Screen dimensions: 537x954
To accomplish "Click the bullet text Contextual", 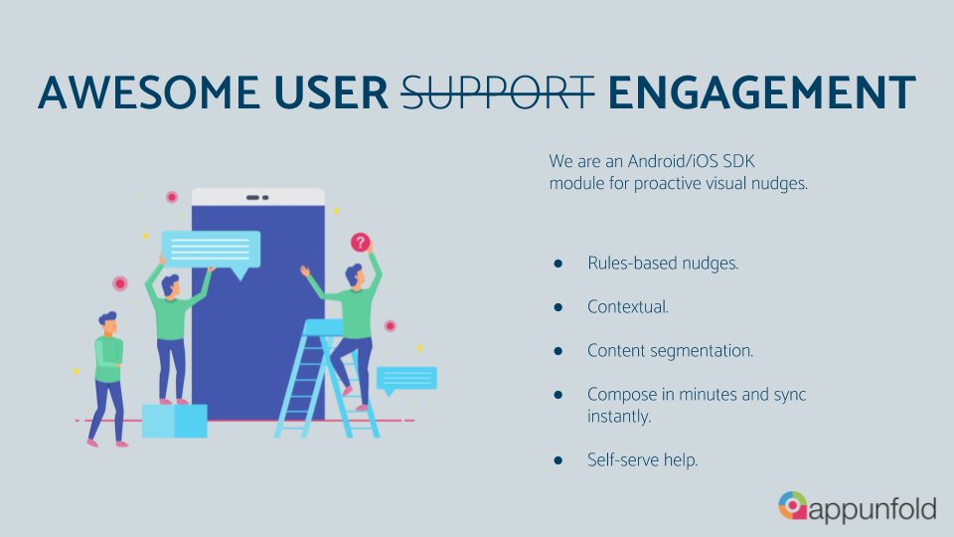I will click(x=628, y=307).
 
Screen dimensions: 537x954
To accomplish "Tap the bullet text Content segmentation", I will click(x=671, y=351).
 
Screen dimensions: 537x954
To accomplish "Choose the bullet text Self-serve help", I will click(x=643, y=459).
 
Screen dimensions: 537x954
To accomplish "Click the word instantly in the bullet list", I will click(x=619, y=417).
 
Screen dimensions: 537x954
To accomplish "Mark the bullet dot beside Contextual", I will click(x=558, y=307).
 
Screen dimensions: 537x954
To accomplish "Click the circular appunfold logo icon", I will click(x=793, y=505).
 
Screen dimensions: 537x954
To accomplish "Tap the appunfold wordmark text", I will click(x=873, y=508).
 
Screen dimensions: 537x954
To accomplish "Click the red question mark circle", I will click(x=361, y=242).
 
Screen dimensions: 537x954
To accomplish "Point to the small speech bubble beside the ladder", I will click(x=406, y=379).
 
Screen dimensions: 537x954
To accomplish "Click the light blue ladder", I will click(x=325, y=383).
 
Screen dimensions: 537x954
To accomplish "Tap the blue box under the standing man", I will click(x=174, y=421).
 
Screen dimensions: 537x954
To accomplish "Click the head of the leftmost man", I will click(x=107, y=322).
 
